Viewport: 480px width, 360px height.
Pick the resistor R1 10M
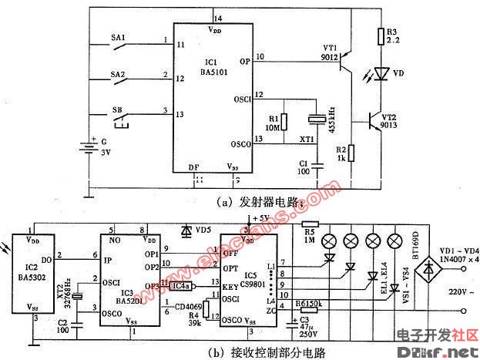pos(274,122)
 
